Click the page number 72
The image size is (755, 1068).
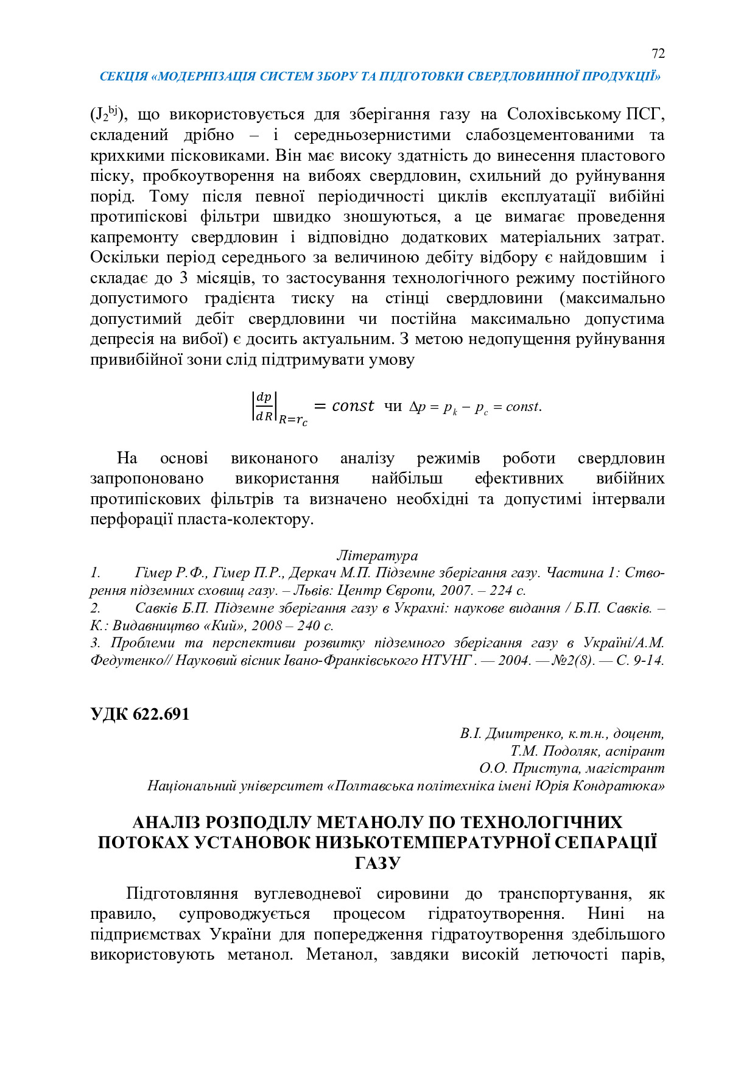tap(658, 54)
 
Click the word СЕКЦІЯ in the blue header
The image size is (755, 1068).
tap(124, 77)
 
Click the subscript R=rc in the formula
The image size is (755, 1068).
tap(293, 420)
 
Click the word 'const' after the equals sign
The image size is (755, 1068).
tap(353, 406)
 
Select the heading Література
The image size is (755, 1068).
tap(377, 555)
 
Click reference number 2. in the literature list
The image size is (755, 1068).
tap(96, 608)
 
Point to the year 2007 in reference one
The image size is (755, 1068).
tap(455, 590)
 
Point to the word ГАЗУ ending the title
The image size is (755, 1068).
tap(377, 863)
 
